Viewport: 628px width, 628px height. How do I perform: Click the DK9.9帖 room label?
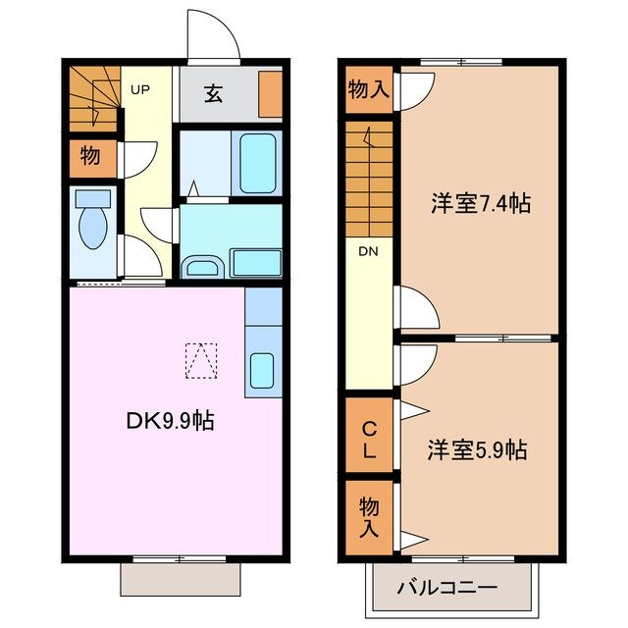170,422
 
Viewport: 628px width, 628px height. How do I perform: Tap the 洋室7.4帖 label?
481,204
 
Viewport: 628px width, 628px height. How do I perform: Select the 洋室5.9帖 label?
477,450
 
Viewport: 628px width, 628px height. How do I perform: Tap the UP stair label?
140,90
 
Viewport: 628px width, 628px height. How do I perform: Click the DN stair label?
368,251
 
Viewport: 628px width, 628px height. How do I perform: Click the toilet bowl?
93,230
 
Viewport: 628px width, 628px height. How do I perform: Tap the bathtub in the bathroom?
258,160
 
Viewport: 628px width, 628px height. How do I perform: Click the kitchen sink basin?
263,372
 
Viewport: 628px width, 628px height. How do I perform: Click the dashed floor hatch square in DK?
200,360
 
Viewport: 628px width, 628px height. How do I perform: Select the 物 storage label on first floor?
90,156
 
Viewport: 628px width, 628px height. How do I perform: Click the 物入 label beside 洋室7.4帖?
369,91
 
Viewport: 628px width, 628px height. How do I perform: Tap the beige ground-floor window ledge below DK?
180,579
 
